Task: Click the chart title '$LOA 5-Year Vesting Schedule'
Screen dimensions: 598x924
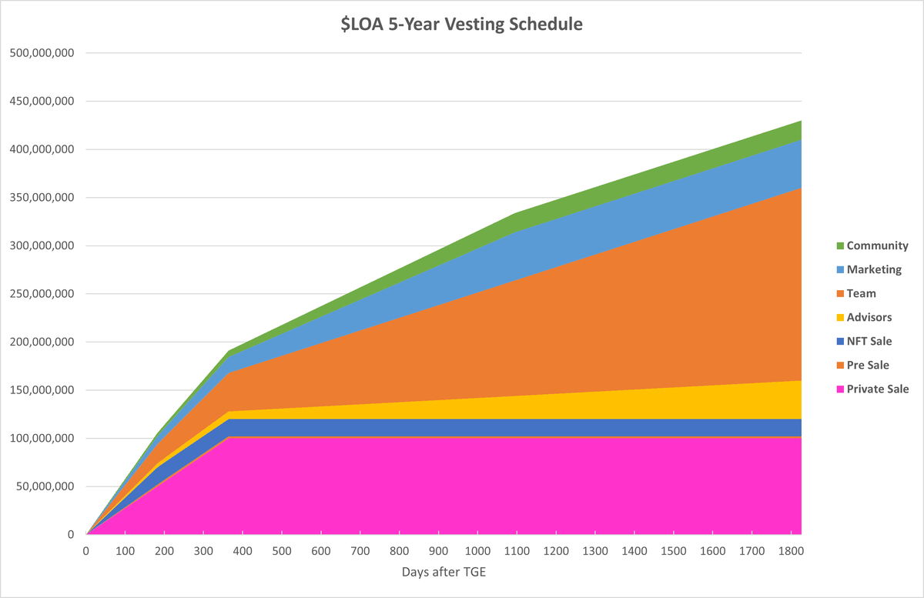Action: point(461,25)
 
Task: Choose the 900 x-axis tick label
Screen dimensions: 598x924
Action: point(438,551)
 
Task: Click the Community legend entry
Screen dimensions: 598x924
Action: point(877,246)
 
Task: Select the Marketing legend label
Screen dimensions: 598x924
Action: point(874,270)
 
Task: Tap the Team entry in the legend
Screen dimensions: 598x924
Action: point(861,294)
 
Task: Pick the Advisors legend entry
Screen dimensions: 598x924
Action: point(869,318)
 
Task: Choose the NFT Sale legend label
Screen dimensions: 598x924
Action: point(869,342)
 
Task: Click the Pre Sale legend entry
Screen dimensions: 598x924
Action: point(868,366)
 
